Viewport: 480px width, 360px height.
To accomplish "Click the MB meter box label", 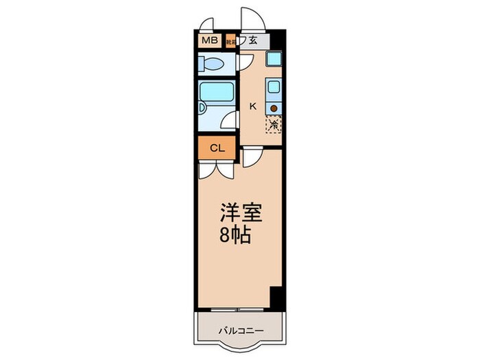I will [x=209, y=41].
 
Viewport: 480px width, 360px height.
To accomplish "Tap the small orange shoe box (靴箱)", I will [x=231, y=41].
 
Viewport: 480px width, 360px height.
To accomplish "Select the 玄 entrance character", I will [x=253, y=40].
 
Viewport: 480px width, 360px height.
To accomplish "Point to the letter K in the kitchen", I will [x=252, y=106].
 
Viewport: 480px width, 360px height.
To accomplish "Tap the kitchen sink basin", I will [x=274, y=88].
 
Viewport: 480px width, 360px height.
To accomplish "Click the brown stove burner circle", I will [x=274, y=108].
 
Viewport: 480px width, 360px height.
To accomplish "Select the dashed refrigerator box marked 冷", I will [x=274, y=125].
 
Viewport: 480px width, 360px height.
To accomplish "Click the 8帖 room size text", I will [x=235, y=237].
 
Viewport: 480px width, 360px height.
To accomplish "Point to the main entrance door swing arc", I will [x=250, y=19].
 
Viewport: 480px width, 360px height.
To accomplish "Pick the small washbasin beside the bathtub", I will [x=202, y=107].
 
